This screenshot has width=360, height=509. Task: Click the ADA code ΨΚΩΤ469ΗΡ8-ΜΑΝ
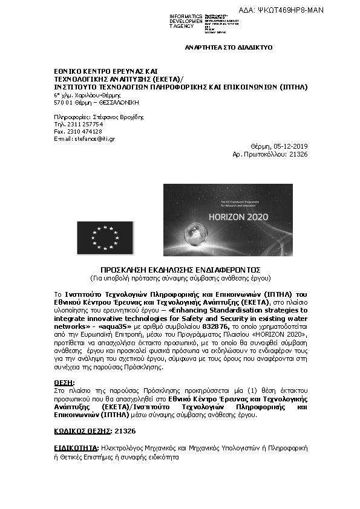(314, 10)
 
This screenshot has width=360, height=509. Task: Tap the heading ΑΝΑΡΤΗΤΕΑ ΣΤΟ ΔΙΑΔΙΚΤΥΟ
(229, 47)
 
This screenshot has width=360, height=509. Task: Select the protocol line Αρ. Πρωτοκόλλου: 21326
(270, 155)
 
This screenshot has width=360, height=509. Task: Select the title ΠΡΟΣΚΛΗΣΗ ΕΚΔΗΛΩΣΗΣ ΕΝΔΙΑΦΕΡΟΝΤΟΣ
(180, 270)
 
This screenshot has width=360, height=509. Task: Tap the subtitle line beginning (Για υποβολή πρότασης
(180, 278)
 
